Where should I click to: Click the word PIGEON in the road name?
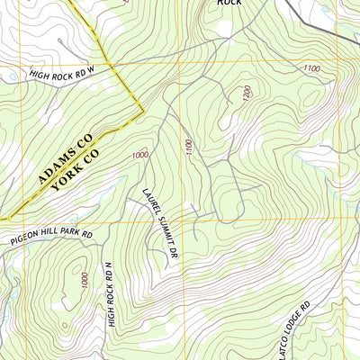[x=29, y=239]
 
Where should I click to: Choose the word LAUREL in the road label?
[x=149, y=203]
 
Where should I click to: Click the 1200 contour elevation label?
[x=246, y=94]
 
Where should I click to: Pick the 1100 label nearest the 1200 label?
[x=188, y=145]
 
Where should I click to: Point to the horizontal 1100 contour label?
[x=311, y=68]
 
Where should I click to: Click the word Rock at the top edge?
[x=230, y=4]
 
